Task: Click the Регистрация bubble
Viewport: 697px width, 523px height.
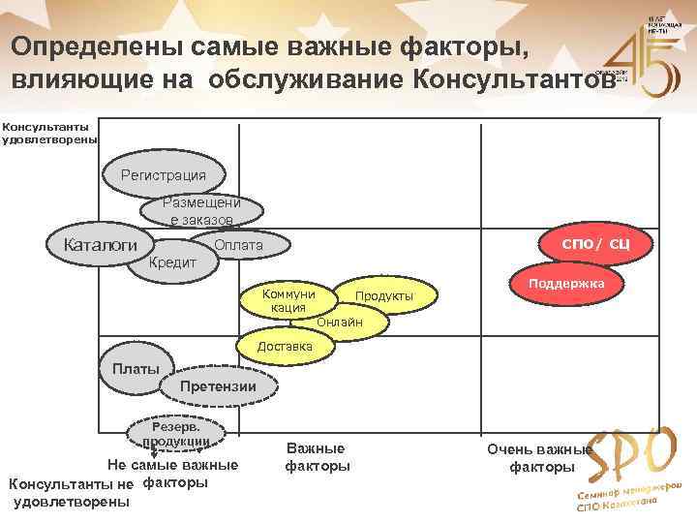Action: [163, 175]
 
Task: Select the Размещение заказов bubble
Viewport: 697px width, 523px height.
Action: [201, 211]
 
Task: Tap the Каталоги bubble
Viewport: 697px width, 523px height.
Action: [100, 245]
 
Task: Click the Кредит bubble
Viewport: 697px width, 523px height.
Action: [174, 262]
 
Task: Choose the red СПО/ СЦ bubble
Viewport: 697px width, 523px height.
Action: [595, 241]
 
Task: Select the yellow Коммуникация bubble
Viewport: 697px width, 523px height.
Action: [288, 300]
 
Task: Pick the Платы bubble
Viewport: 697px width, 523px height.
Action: [136, 369]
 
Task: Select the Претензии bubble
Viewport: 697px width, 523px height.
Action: [220, 387]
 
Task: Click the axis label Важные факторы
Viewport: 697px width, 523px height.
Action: [316, 457]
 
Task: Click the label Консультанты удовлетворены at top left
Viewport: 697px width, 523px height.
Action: [48, 133]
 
